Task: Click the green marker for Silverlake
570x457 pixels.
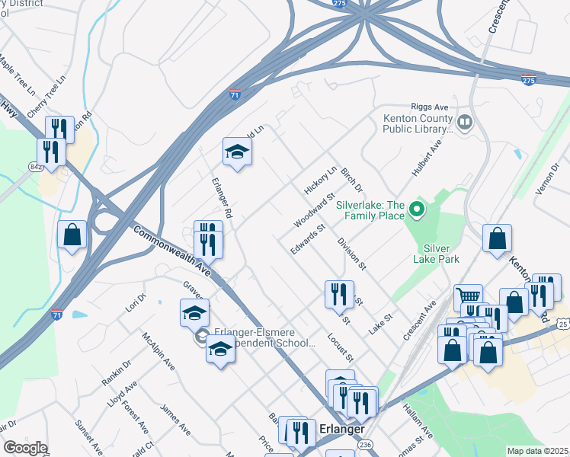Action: click(x=416, y=208)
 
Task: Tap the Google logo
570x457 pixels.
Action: click(x=25, y=448)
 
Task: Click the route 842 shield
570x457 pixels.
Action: click(x=36, y=166)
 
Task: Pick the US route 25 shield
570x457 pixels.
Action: click(x=563, y=324)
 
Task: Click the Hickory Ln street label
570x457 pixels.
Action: click(x=320, y=180)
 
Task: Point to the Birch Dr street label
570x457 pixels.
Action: click(x=352, y=180)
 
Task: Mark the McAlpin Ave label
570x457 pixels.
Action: click(x=159, y=351)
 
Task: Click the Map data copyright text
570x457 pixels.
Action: click(x=537, y=451)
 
